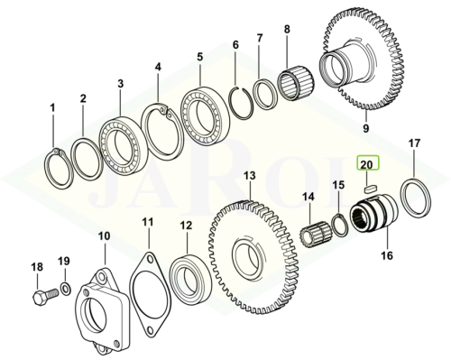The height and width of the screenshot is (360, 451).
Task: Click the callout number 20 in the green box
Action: coord(366,164)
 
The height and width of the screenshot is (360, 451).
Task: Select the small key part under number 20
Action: coord(370,189)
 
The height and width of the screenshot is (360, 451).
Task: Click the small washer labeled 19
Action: coord(66,289)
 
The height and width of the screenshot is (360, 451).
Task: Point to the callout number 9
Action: coord(365,128)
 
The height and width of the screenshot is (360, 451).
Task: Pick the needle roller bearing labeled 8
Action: coord(298,83)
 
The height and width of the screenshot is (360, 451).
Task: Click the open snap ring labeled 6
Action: coord(241,102)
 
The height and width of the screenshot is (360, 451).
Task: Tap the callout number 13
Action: coord(249,176)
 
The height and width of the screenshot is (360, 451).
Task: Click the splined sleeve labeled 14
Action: coord(317,235)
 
